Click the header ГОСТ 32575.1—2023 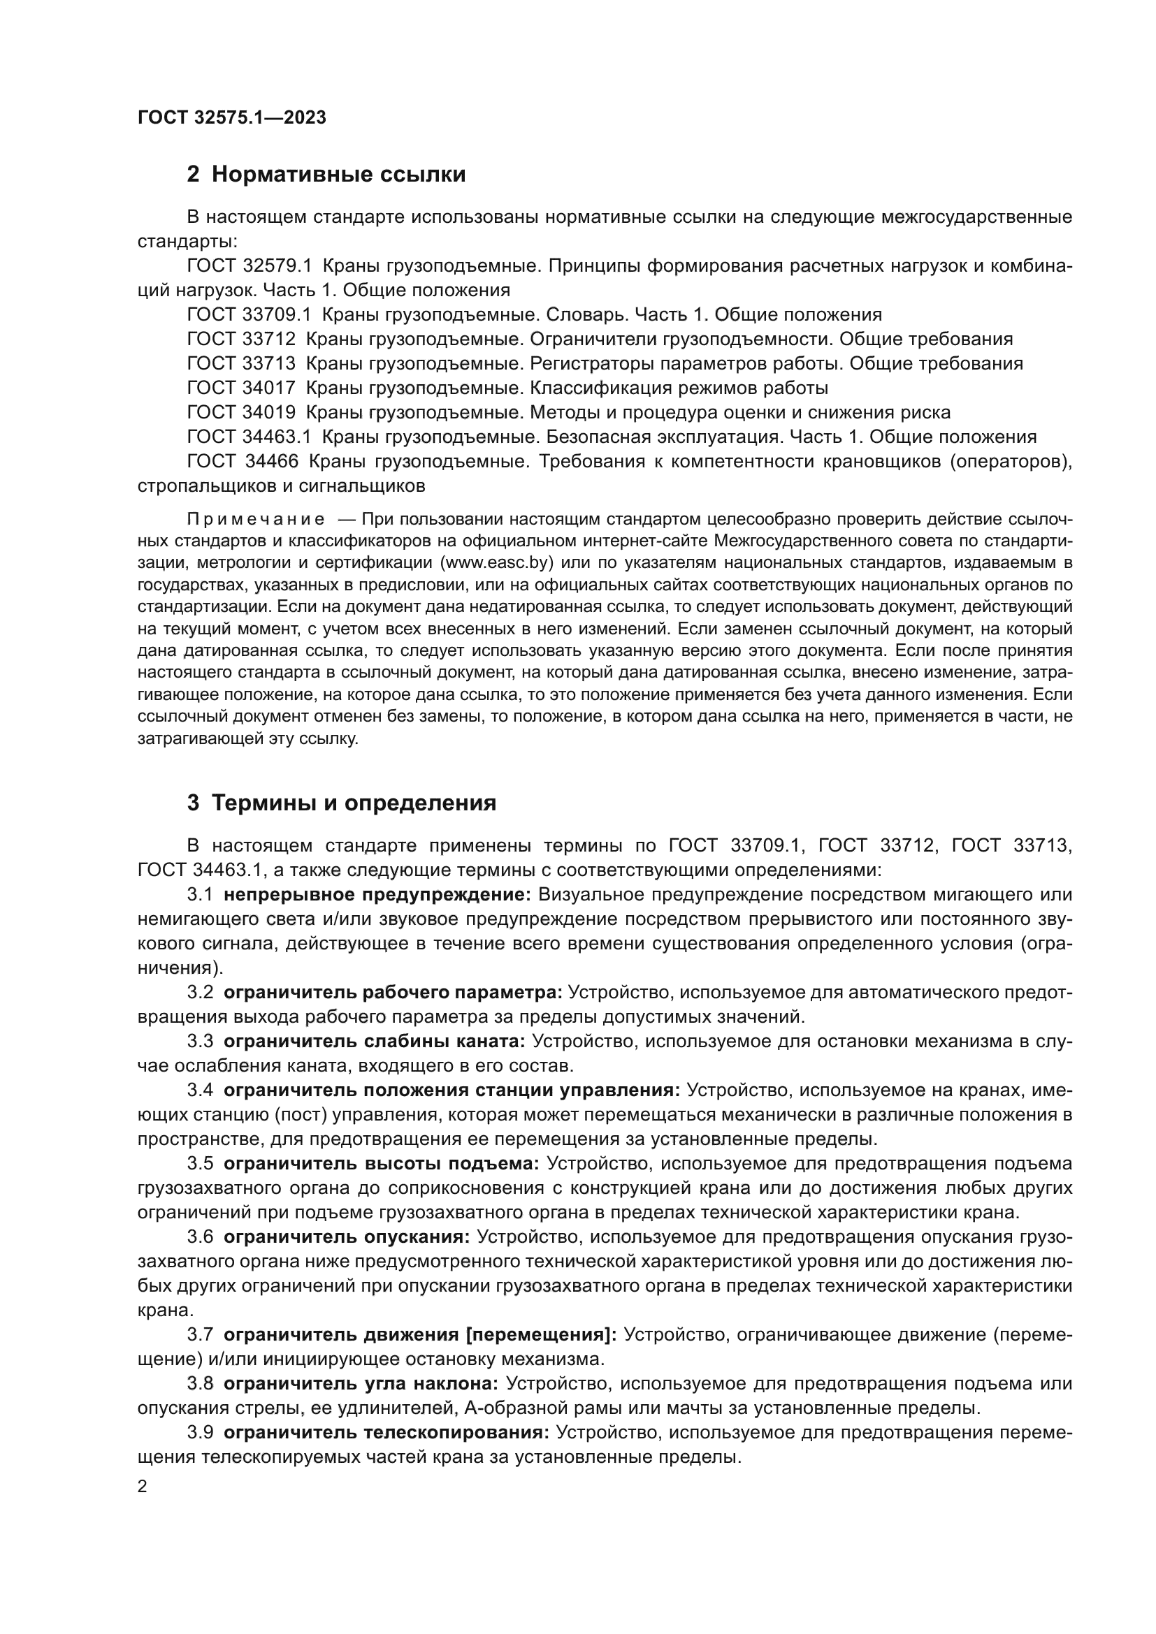pos(231,118)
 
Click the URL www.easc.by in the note pos(498,563)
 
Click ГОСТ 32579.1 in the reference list pos(249,266)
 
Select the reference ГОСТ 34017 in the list pos(241,388)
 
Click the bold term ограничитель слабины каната pos(375,1042)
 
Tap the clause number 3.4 pos(200,1091)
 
